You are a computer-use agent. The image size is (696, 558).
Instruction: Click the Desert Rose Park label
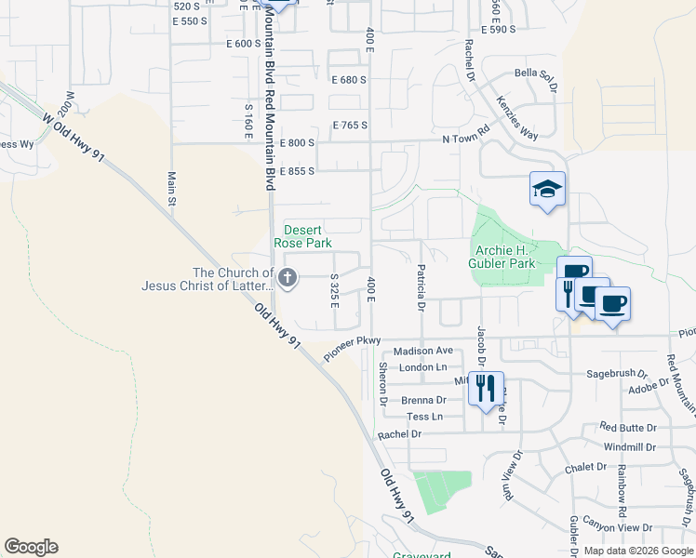(x=307, y=236)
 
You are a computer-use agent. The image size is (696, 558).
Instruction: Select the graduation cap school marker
(x=547, y=189)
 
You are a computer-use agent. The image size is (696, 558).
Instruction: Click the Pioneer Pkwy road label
(x=354, y=349)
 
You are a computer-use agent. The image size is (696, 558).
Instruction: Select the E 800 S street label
(x=297, y=143)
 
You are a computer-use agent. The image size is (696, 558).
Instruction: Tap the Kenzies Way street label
(x=516, y=116)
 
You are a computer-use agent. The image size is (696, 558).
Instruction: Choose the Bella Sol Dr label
(x=535, y=80)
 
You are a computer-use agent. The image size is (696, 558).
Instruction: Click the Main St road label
(x=172, y=188)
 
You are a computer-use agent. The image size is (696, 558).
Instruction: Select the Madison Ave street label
(x=422, y=351)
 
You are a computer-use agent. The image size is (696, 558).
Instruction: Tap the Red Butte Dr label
(x=628, y=428)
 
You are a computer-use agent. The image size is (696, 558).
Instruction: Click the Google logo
(x=31, y=547)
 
